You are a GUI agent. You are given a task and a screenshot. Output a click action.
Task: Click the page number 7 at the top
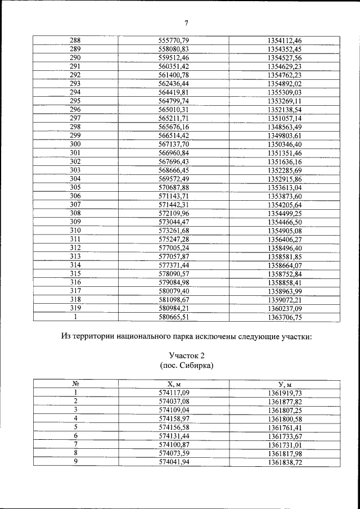click(186, 22)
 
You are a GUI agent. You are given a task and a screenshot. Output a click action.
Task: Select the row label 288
click(75, 40)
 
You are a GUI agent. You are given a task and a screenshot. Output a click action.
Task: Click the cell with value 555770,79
click(173, 40)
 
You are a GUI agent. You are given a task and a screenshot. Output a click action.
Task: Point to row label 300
click(75, 144)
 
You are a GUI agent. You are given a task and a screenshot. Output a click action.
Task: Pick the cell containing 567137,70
click(173, 144)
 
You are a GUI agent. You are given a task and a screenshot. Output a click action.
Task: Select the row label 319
click(75, 308)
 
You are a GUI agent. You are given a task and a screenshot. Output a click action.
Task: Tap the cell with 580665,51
click(173, 317)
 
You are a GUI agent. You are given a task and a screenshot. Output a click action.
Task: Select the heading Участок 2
click(186, 355)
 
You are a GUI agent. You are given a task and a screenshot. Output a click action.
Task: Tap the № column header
click(75, 384)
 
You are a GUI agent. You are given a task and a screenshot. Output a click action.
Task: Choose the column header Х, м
click(173, 384)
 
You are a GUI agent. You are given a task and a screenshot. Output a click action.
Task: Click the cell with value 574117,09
click(173, 393)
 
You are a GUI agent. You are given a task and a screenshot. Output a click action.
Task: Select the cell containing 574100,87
click(173, 444)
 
